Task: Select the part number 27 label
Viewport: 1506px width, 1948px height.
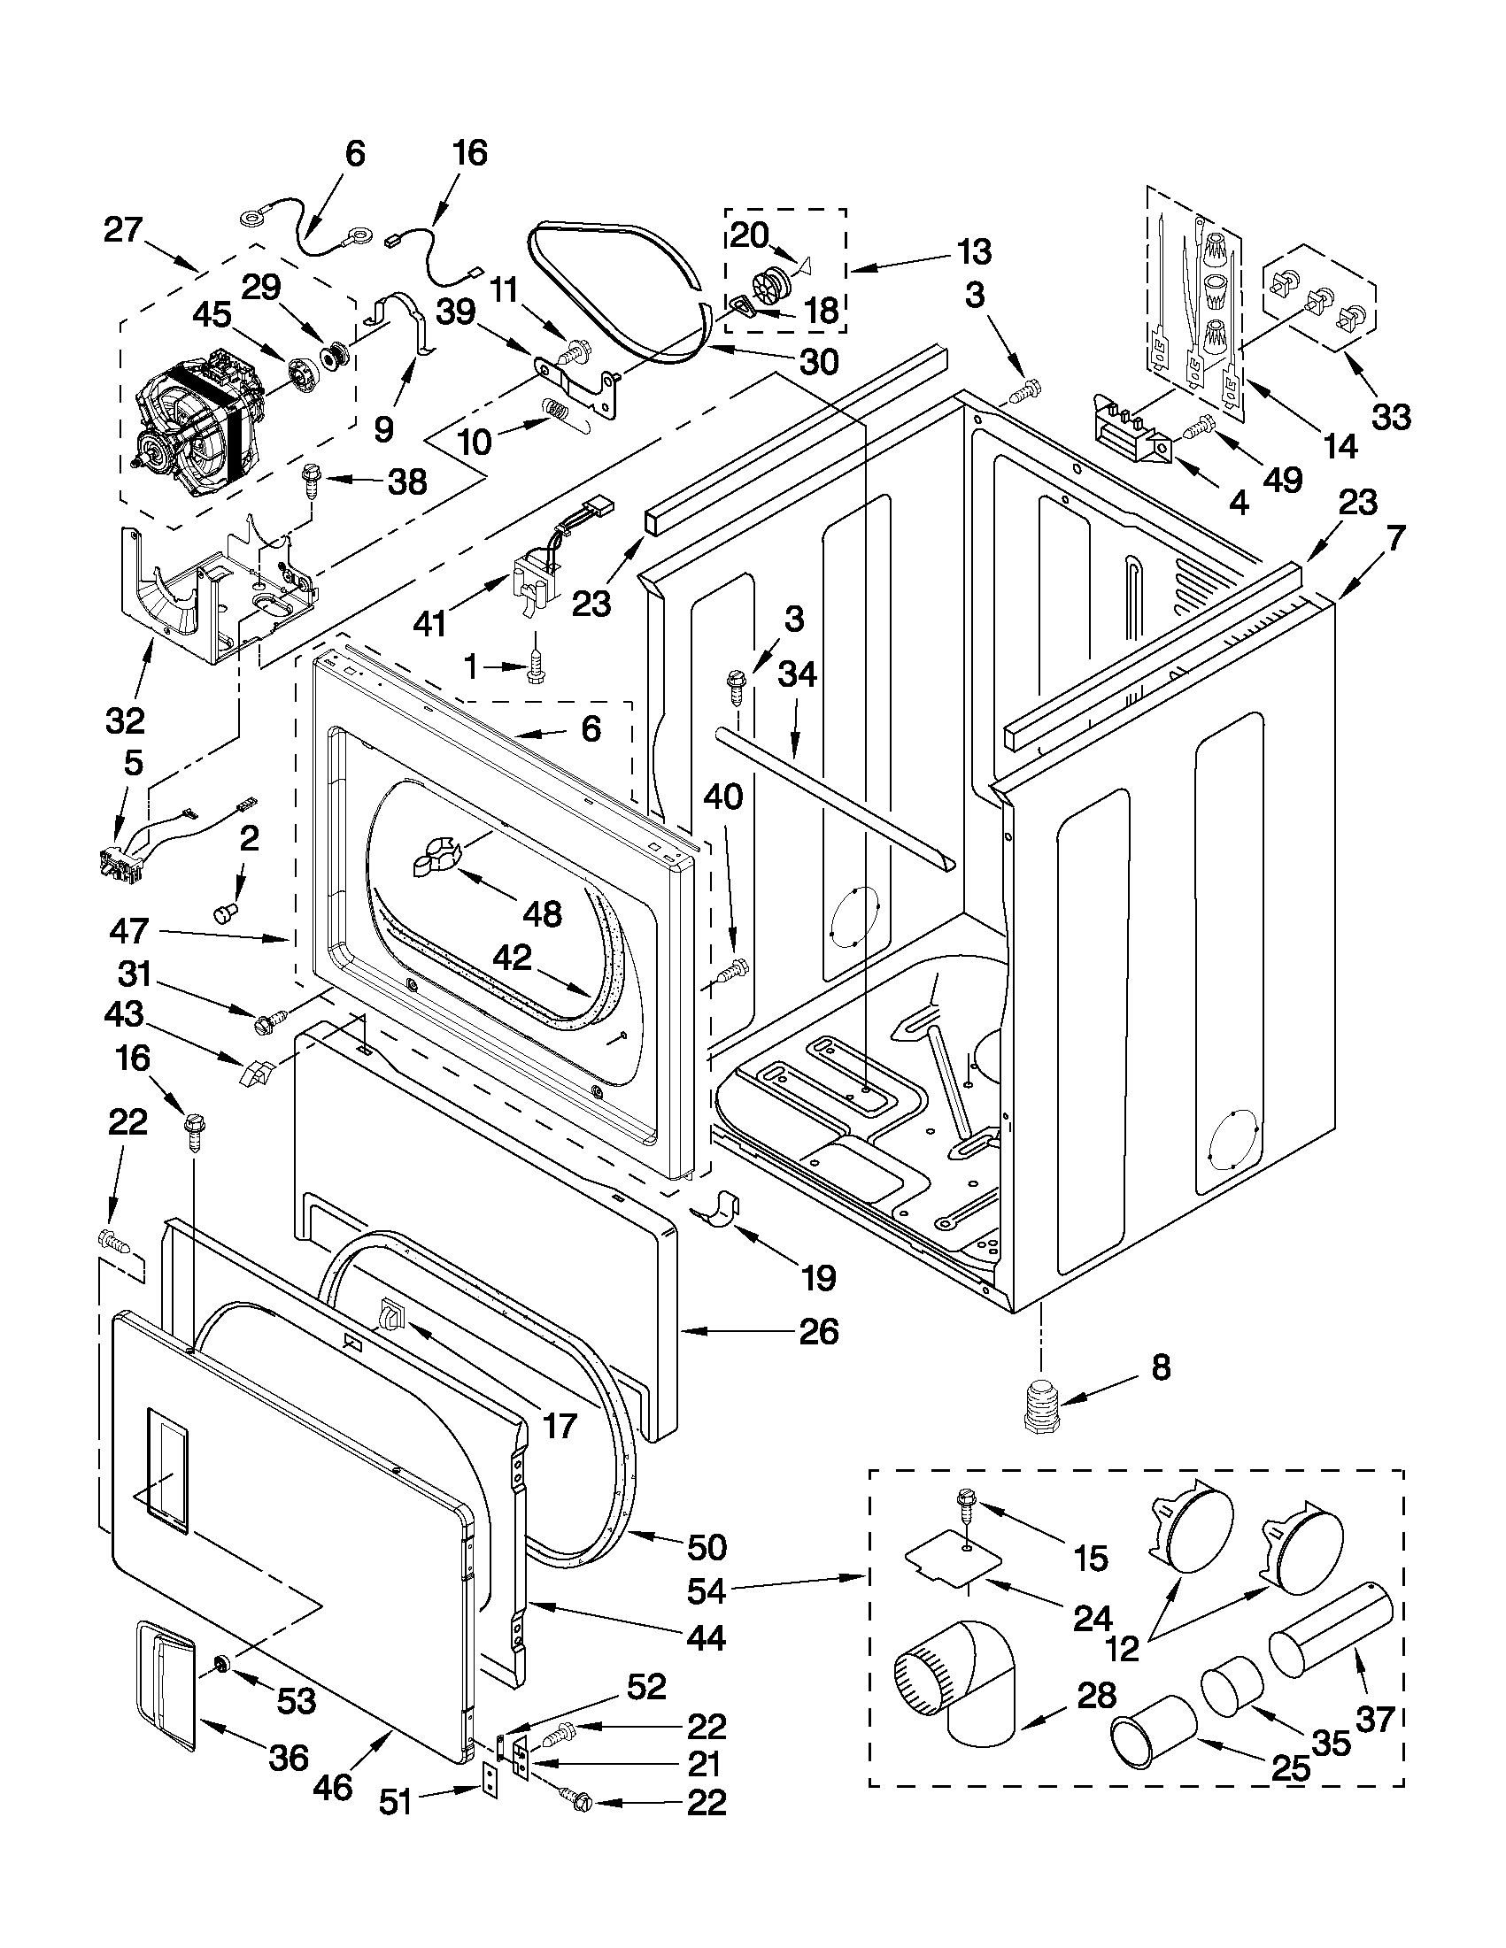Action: [x=123, y=229]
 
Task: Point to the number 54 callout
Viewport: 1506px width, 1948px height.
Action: [x=710, y=1589]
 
